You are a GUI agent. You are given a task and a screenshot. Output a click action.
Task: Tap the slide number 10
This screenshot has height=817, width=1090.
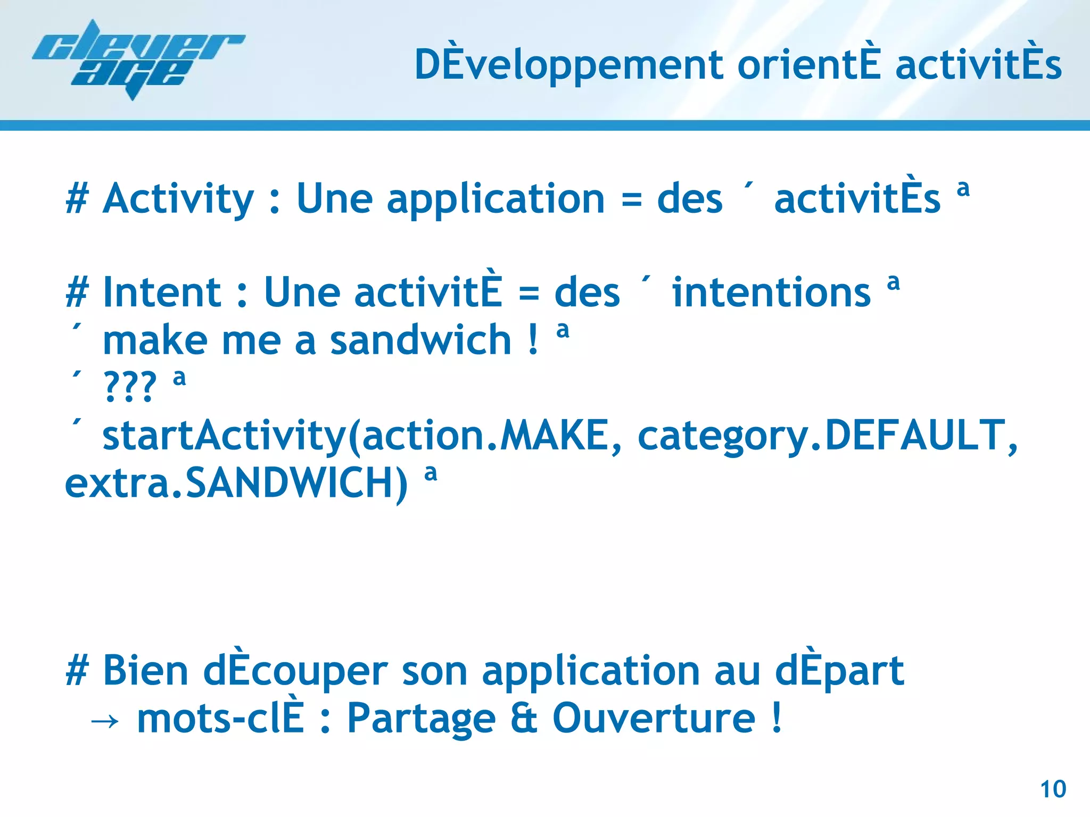tap(1053, 789)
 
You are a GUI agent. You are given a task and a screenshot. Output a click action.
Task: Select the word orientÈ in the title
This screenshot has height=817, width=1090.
tap(808, 65)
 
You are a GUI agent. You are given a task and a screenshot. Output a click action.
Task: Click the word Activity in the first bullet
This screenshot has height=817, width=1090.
tap(178, 199)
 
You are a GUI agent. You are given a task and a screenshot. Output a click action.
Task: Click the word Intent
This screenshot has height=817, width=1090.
tap(162, 293)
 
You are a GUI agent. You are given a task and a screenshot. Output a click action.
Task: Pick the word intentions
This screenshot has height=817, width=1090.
tap(771, 293)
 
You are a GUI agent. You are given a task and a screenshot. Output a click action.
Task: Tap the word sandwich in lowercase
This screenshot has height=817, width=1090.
tap(420, 340)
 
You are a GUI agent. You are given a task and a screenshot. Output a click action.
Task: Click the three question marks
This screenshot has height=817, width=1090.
tap(130, 387)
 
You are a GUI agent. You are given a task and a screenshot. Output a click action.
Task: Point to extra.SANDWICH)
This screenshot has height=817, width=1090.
tap(236, 483)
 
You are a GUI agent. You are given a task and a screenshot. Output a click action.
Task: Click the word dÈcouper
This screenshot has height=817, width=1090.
tap(295, 671)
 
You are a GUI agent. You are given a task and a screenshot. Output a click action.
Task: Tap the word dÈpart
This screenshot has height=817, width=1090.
tap(839, 671)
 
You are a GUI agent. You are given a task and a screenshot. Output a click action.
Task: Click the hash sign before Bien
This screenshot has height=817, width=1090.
tap(77, 671)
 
